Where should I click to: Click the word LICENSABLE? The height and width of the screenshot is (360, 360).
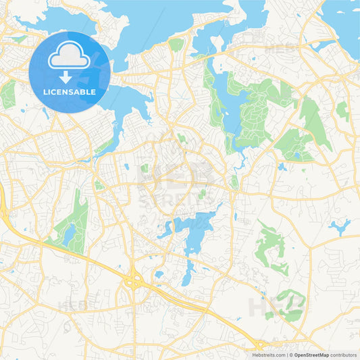(x=69, y=91)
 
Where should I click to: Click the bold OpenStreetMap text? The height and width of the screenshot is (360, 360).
(x=311, y=355)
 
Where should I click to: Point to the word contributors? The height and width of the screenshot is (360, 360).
(x=343, y=355)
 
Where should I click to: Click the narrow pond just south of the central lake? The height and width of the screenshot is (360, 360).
(x=188, y=273)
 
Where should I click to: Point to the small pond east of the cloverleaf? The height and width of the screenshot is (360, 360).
(x=158, y=274)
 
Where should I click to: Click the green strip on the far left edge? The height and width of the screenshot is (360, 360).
(x=7, y=95)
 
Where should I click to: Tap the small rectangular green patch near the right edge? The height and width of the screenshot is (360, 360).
(x=342, y=109)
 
